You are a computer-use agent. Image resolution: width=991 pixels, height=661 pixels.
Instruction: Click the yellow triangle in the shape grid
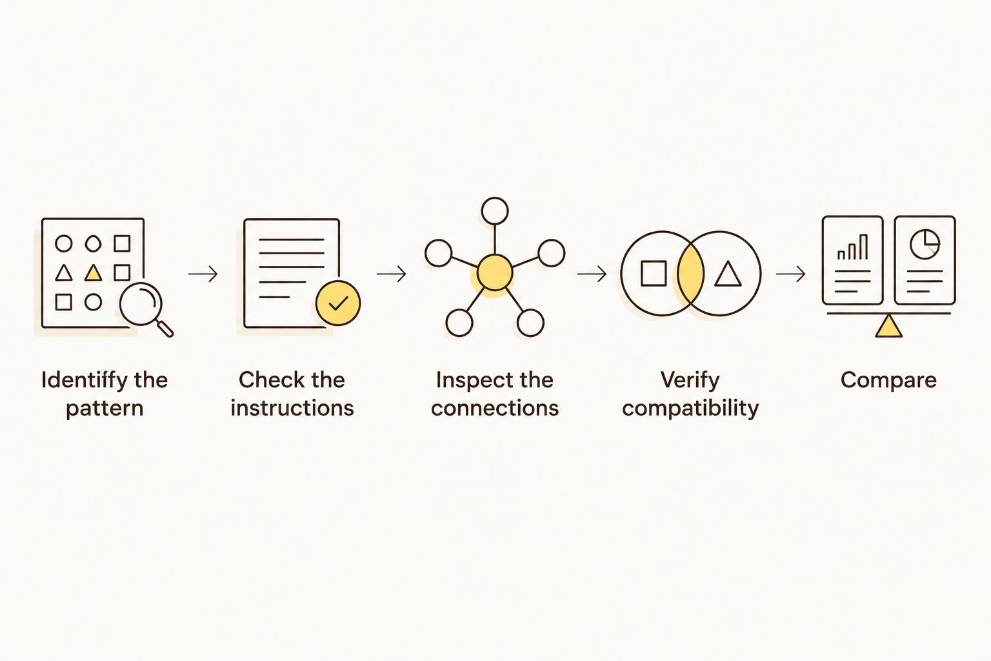click(x=93, y=272)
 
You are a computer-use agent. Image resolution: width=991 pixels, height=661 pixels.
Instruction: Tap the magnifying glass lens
click(x=141, y=304)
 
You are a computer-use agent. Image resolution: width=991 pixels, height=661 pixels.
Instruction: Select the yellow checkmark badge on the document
click(x=338, y=303)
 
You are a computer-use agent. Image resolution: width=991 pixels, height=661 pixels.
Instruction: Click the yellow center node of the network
click(x=495, y=272)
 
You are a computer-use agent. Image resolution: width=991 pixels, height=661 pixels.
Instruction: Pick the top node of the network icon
click(x=495, y=210)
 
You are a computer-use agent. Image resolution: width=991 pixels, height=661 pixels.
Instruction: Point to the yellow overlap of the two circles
click(x=690, y=273)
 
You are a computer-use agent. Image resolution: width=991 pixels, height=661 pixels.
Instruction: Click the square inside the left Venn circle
click(x=654, y=273)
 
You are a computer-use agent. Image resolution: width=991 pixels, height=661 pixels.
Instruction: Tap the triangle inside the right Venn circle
click(x=728, y=274)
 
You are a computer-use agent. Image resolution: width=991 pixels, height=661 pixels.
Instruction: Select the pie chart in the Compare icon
click(x=925, y=244)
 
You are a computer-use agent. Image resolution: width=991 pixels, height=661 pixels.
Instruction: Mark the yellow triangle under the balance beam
click(x=888, y=327)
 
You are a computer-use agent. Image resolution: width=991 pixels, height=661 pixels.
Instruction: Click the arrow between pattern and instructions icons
click(x=203, y=274)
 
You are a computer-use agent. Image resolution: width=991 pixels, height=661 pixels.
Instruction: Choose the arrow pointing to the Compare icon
click(x=790, y=274)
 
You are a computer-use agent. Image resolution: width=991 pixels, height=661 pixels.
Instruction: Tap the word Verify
click(x=690, y=380)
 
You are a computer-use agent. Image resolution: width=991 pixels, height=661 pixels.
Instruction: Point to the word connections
click(x=495, y=408)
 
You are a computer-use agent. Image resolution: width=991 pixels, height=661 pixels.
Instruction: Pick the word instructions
click(x=292, y=408)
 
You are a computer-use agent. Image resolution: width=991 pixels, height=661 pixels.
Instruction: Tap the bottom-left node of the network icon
click(x=459, y=323)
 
